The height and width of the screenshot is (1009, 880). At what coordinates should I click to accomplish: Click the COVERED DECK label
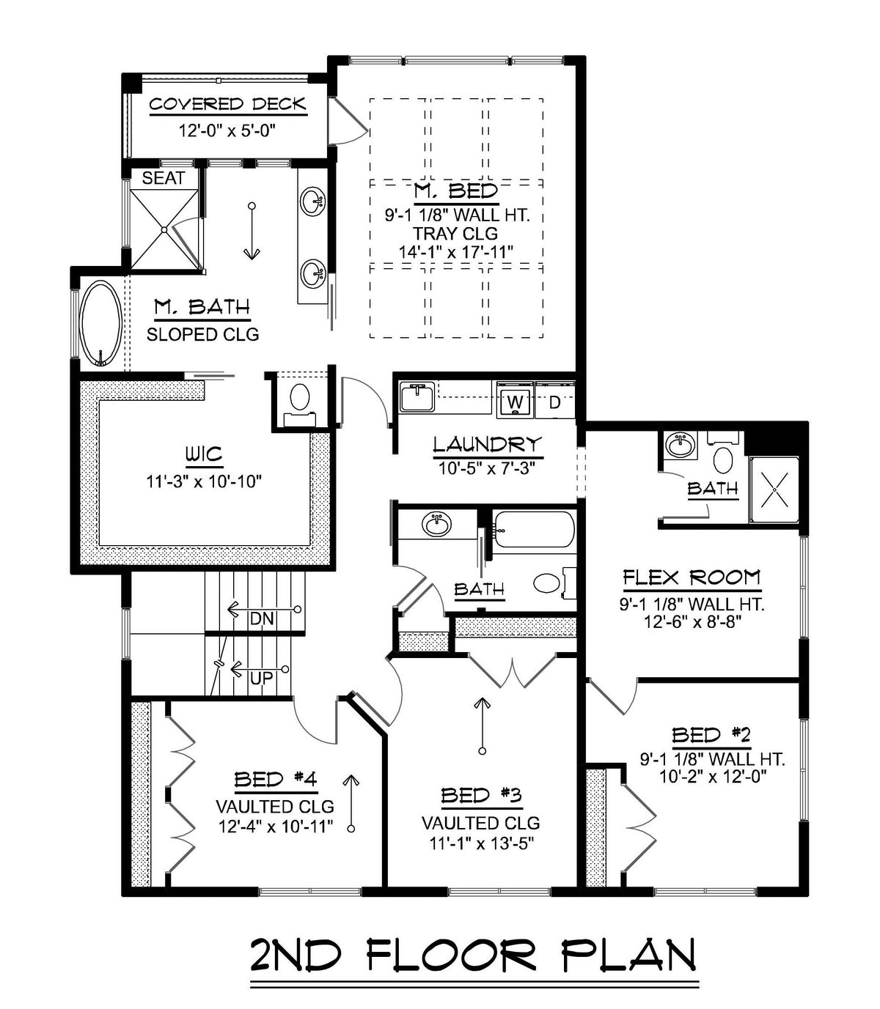point(227,104)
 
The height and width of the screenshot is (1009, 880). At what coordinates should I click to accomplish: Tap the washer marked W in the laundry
point(516,402)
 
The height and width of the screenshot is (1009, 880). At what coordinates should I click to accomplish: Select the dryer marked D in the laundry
point(554,402)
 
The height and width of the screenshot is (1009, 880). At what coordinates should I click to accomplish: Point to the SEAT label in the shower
point(163,178)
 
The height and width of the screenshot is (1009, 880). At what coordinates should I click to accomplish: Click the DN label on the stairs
point(261,618)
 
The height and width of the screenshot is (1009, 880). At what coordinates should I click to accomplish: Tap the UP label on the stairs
point(261,678)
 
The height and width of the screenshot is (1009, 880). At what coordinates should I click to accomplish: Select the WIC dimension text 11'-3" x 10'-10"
point(205,481)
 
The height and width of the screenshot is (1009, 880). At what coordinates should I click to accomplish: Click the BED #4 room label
point(275,780)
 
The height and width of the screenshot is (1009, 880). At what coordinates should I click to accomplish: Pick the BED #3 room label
point(480,796)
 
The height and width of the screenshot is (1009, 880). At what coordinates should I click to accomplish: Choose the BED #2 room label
point(711,735)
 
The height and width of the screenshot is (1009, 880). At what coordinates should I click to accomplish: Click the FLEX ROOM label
point(692,578)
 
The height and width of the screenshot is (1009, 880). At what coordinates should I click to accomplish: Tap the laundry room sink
point(417,396)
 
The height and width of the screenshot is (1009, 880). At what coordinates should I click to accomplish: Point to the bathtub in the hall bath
point(533,530)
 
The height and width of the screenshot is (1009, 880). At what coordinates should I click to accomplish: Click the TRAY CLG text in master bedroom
point(455,234)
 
